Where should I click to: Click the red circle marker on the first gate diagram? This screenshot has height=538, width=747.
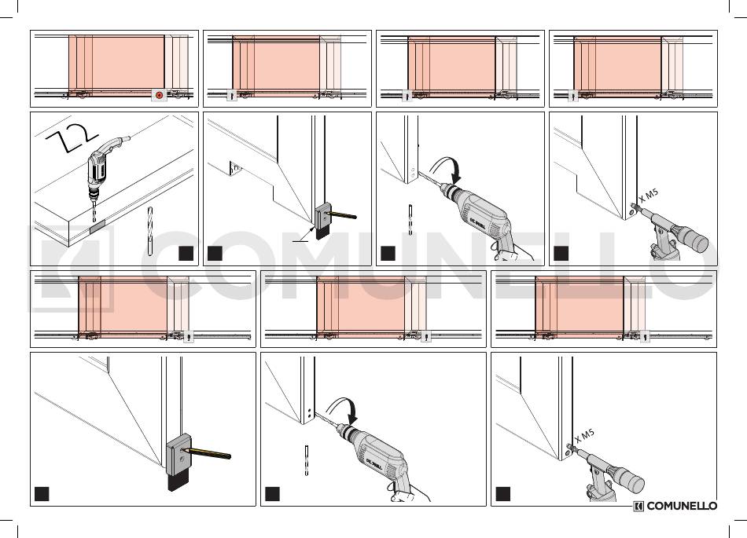click(x=160, y=96)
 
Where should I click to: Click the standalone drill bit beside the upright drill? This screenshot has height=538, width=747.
click(x=150, y=229)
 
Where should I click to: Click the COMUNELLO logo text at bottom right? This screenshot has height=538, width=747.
click(x=681, y=507)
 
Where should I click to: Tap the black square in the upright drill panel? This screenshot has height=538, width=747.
click(x=186, y=253)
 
